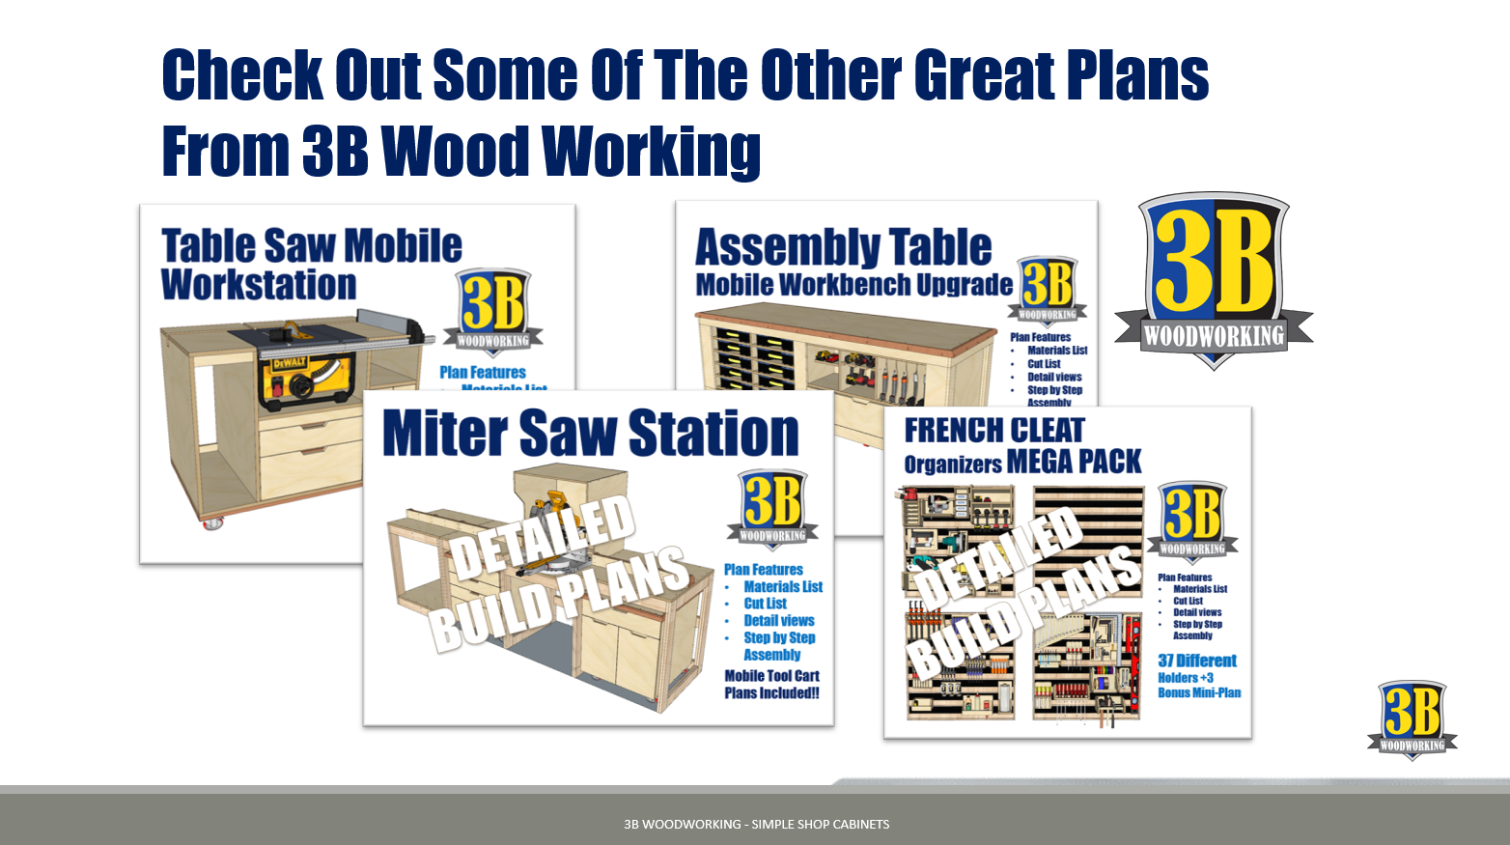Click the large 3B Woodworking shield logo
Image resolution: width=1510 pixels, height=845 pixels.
[x=1214, y=279]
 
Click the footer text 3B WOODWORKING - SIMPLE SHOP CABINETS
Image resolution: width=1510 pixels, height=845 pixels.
[x=756, y=824]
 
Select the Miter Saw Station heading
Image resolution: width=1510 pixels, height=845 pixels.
[x=590, y=433]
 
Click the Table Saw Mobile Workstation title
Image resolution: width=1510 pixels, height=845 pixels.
[x=311, y=264]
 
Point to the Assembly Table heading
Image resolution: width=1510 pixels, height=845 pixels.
[x=843, y=247]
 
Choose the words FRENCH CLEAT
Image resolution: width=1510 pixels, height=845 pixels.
[x=994, y=430]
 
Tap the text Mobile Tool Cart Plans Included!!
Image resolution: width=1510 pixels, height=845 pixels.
[x=771, y=685]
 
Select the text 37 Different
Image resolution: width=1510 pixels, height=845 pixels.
[x=1197, y=661]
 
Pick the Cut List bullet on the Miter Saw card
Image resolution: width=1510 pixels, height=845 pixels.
[x=765, y=604]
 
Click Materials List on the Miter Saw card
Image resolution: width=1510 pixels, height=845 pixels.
[x=783, y=586]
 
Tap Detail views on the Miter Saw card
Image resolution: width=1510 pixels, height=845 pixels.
[x=778, y=620]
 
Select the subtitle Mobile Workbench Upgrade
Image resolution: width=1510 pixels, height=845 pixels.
[x=853, y=285]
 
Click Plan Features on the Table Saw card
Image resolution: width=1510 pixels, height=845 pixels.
[x=483, y=372]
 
